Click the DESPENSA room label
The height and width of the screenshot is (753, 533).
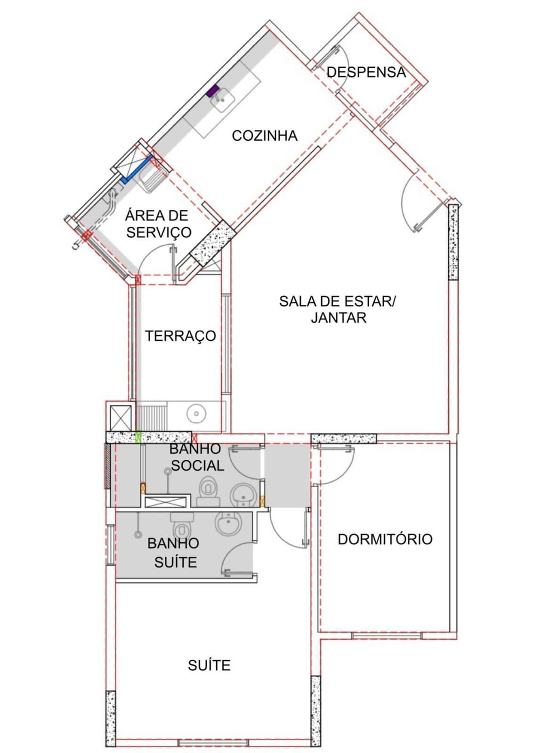[366, 72]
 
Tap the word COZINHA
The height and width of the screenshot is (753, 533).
[265, 136]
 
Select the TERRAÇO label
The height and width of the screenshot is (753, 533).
[180, 336]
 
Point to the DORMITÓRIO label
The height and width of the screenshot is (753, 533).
[385, 539]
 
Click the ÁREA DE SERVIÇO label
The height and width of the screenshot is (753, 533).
[158, 224]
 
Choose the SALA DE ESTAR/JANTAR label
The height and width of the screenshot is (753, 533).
[338, 309]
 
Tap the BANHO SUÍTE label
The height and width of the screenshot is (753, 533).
[174, 553]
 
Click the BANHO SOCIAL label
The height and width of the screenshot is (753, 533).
[197, 457]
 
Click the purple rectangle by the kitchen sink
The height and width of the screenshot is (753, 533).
[212, 90]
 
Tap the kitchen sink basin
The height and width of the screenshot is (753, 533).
[222, 100]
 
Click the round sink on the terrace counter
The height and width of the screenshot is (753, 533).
[196, 414]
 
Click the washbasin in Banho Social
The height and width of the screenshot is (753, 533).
[243, 495]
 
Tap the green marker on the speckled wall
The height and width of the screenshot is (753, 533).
[137, 437]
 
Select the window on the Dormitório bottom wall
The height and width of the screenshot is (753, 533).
[387, 636]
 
